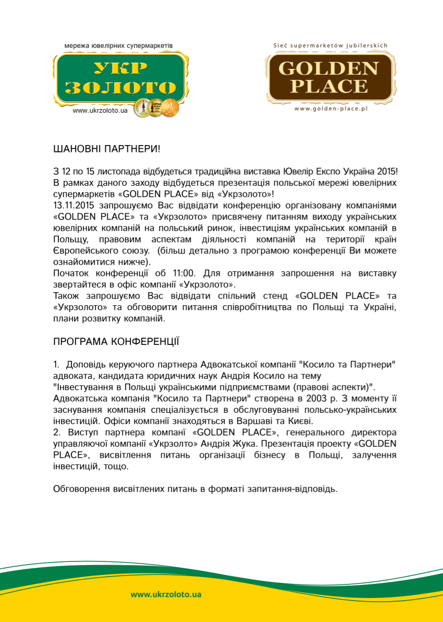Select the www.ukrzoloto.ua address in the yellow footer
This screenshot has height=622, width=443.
166,594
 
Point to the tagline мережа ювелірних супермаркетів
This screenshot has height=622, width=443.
118,46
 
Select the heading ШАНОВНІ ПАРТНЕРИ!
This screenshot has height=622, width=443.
107,149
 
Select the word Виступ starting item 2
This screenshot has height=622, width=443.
82,433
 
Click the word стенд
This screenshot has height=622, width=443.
282,297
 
